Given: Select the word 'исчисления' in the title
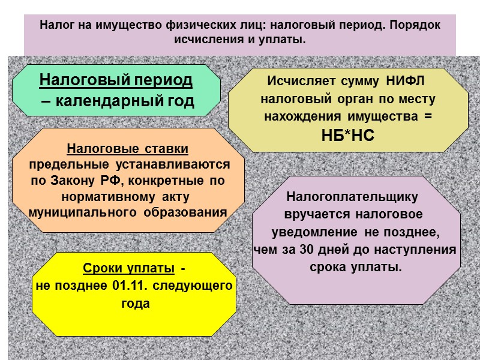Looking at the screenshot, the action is (x=203, y=40).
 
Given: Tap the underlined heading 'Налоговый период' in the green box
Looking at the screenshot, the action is (x=116, y=80).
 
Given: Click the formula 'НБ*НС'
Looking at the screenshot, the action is (x=348, y=136).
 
